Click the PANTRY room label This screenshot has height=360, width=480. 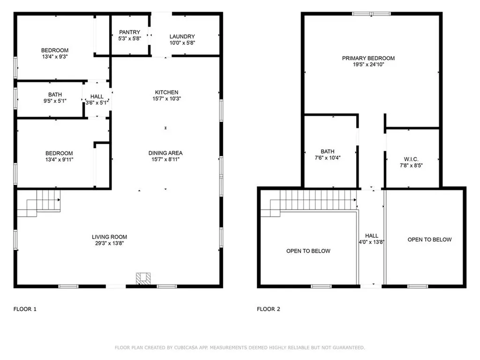pos(129,32)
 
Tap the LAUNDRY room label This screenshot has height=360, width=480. pos(182,37)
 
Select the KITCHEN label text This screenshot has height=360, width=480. pos(167,92)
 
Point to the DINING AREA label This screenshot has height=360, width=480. pos(165,153)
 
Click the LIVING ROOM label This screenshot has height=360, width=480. pos(109,237)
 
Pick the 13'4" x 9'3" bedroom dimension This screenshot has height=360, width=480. pos(55,57)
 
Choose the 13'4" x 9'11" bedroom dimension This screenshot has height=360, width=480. pos(59,159)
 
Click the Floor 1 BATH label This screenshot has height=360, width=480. pos(55,95)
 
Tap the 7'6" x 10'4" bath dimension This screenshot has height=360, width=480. pos(328,158)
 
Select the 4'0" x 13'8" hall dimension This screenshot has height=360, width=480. pos(372,242)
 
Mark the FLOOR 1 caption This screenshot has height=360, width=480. pos(24,309)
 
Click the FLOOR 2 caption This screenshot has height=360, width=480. pos(269,309)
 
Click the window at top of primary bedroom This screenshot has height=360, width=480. pos(371,14)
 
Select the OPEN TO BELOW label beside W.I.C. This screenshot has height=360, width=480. pos(429,240)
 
